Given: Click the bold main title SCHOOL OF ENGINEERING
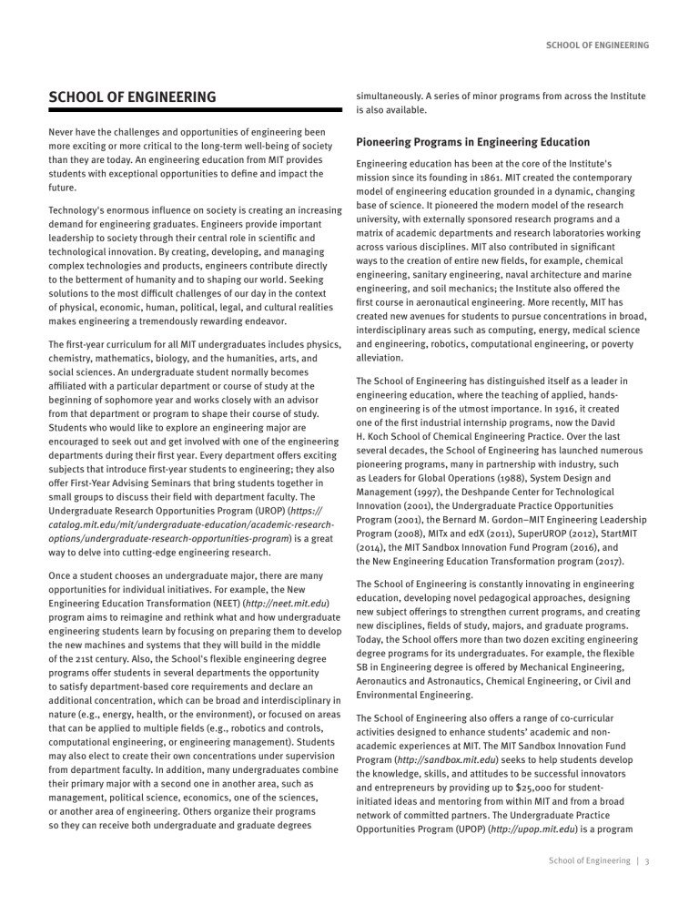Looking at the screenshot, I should [132, 97].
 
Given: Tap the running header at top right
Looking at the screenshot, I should [596, 45].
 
